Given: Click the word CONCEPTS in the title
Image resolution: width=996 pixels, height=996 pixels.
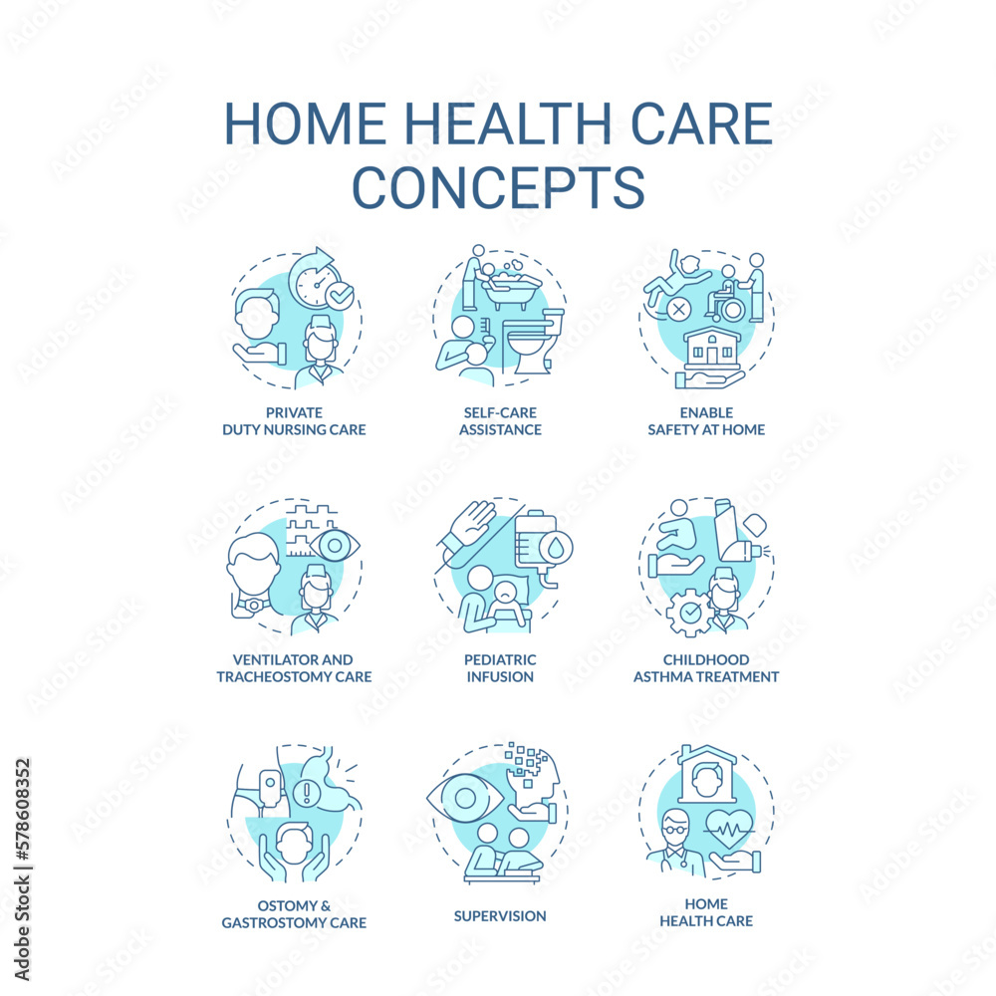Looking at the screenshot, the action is point(499,187).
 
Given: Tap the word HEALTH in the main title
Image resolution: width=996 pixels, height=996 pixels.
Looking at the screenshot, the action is point(508,124).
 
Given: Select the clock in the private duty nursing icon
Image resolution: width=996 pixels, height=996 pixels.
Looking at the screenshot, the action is point(316,283).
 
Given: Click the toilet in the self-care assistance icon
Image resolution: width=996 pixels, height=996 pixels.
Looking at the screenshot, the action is point(532,343).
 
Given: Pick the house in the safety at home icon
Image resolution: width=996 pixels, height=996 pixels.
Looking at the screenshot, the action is point(712,348).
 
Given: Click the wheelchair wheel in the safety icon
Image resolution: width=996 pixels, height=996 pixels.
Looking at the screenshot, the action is point(732,310).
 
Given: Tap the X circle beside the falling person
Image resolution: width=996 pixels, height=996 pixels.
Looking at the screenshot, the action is point(678,310).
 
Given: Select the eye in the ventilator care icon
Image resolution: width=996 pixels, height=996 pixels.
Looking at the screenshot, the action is point(334,546).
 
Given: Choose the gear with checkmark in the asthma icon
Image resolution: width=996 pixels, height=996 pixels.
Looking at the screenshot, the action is point(689,613).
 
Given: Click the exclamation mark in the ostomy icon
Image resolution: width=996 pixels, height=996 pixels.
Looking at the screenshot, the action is point(308,792).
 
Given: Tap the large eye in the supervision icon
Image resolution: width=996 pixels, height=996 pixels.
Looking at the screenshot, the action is point(465,798).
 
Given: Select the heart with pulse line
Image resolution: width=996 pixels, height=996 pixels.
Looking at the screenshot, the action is point(729,829).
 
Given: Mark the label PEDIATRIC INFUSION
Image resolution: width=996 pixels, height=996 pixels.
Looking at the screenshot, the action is point(500,668).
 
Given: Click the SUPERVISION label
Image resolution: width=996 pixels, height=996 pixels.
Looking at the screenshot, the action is point(500,916).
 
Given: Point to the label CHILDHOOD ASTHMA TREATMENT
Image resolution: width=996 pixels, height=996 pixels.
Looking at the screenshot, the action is point(706,668).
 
